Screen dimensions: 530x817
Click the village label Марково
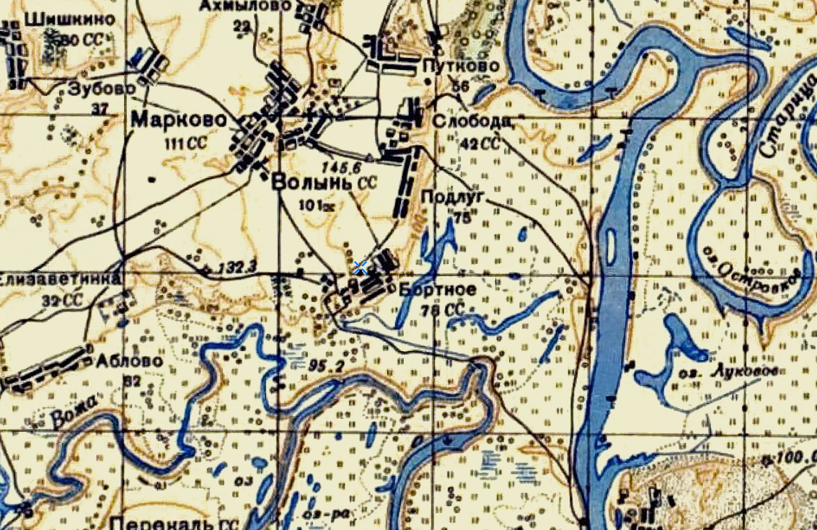click(x=174, y=120)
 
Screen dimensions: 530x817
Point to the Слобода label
click(x=472, y=121)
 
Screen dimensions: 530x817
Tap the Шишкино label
click(x=69, y=19)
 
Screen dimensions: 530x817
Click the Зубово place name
click(x=102, y=89)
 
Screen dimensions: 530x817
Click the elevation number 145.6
click(x=343, y=165)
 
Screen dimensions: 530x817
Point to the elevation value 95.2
click(x=325, y=365)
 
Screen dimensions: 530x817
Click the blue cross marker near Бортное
click(x=361, y=268)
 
